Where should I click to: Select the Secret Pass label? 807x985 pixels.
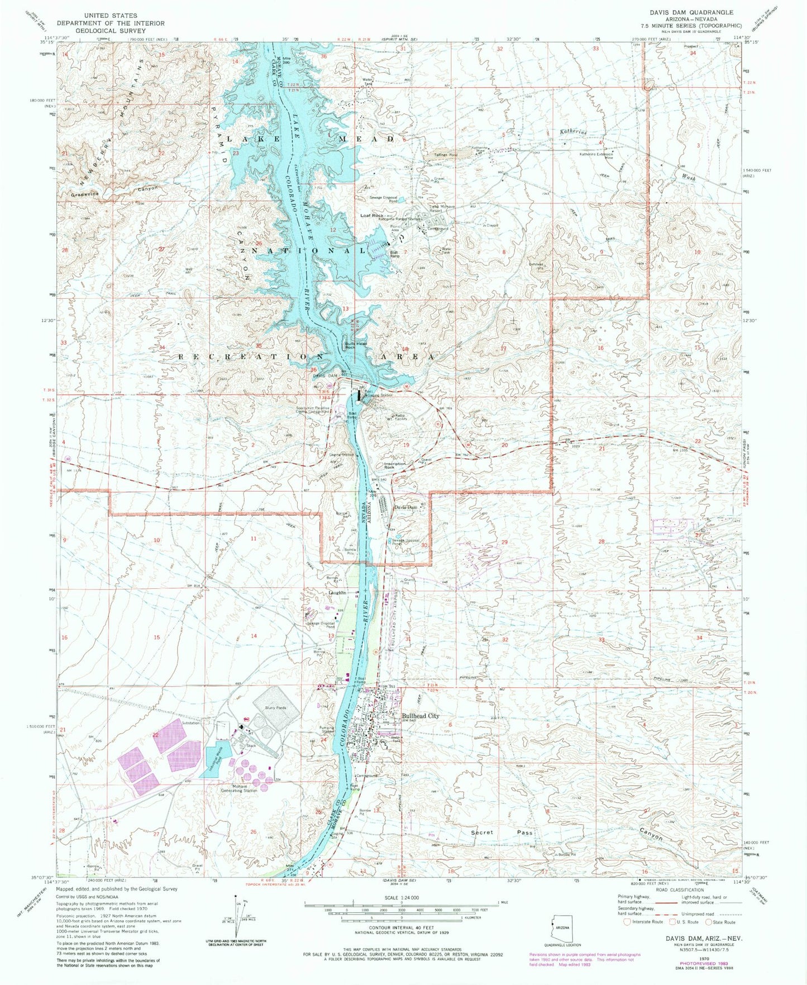click(502, 832)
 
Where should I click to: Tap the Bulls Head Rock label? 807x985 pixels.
click(356, 345)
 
